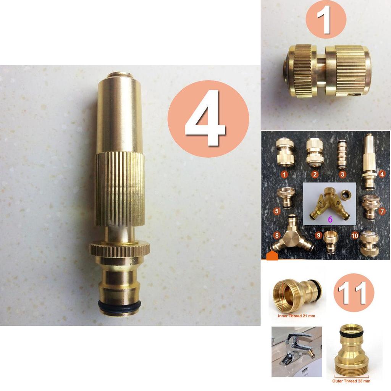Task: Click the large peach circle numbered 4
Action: tap(208, 119)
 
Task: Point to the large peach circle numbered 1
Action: tap(326, 19)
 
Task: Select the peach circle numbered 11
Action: tap(354, 293)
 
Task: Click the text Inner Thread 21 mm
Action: tap(297, 316)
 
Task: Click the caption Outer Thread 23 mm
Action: tap(352, 381)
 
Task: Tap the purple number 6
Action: tap(330, 220)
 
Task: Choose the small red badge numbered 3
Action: tap(343, 174)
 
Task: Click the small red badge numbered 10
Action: tap(355, 236)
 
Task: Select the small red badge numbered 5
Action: tap(277, 210)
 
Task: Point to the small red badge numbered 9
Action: tap(318, 236)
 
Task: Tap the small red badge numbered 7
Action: tap(383, 211)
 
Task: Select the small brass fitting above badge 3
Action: tap(342, 155)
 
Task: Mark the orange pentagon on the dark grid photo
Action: tap(272, 256)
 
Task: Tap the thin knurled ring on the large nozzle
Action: tap(120, 249)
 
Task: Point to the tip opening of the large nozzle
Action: tap(120, 74)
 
